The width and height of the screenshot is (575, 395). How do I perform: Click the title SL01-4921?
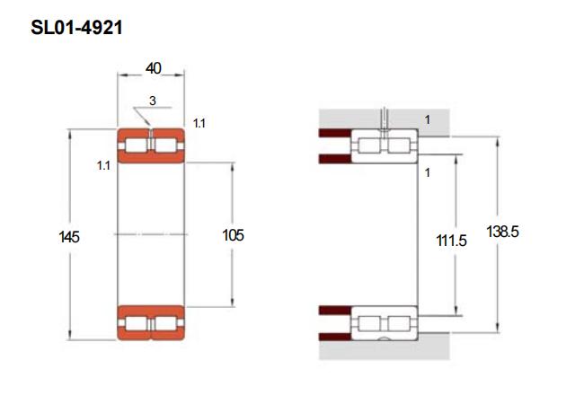[x=76, y=28]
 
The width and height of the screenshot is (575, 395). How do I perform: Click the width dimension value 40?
[x=154, y=68]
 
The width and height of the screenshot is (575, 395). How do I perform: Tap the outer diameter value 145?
[x=69, y=237]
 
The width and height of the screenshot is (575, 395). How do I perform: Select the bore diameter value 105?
[x=233, y=235]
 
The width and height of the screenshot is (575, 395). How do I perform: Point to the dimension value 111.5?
[x=451, y=241]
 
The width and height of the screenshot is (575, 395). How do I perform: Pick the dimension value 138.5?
[x=502, y=232]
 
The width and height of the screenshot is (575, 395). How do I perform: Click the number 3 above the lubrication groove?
[x=153, y=101]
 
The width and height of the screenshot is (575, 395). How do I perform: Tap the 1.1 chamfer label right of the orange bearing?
[x=199, y=124]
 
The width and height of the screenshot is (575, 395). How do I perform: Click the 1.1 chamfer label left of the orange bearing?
[x=103, y=165]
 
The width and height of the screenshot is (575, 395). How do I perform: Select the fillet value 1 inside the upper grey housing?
[x=428, y=119]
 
